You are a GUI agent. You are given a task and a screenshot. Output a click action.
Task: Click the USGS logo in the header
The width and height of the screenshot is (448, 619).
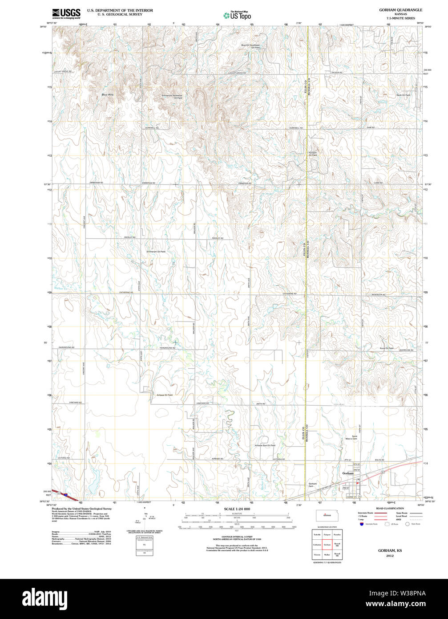[66, 13]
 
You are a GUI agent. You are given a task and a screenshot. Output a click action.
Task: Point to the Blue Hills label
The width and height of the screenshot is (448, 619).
[108, 95]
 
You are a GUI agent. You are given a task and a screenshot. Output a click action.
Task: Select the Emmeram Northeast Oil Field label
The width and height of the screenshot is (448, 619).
[172, 97]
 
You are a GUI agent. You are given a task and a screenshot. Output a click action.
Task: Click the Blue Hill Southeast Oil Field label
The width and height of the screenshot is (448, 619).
[250, 46]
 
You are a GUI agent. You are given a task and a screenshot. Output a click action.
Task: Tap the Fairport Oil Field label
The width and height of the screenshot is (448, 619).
[313, 154]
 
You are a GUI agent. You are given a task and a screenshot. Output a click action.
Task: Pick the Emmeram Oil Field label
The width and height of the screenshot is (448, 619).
[156, 252]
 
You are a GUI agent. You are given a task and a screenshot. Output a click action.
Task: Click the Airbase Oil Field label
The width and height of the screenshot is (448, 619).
[165, 395]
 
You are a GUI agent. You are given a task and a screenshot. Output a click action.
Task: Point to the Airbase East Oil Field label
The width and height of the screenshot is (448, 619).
[265, 445]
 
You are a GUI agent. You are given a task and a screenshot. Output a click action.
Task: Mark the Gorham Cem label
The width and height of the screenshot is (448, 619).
[313, 485]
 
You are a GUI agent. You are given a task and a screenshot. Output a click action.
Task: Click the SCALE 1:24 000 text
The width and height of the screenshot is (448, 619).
[237, 509]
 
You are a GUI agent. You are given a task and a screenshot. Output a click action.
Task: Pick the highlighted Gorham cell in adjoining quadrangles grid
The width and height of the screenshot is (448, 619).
[327, 544]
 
